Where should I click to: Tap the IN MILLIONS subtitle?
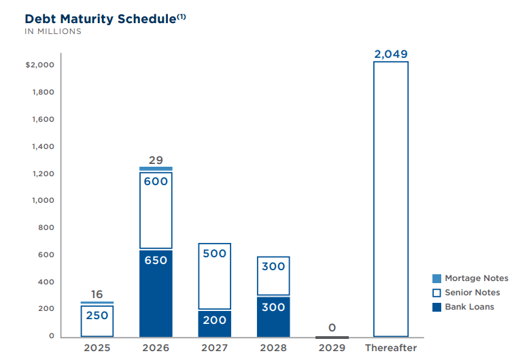pos(53,31)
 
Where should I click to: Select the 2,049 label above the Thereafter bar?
pos(391,54)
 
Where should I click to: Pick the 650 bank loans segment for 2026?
pos(156,293)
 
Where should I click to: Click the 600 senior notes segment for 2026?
pos(156,210)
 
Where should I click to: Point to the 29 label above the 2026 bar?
pos(156,160)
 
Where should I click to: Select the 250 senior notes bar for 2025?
pos(97,321)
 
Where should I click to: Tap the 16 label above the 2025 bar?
pos(97,294)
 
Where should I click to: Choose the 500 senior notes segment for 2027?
pos(215,276)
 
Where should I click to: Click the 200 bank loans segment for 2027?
pos(215,323)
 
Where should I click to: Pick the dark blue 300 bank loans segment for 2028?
pos(273,316)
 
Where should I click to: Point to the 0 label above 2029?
pos(332,327)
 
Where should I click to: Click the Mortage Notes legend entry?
pos(470,278)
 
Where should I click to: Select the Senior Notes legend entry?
pos(466,293)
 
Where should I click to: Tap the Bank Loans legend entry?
pos(463,307)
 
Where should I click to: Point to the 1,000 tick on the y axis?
pos(43,201)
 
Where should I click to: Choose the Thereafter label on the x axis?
pos(391,348)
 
